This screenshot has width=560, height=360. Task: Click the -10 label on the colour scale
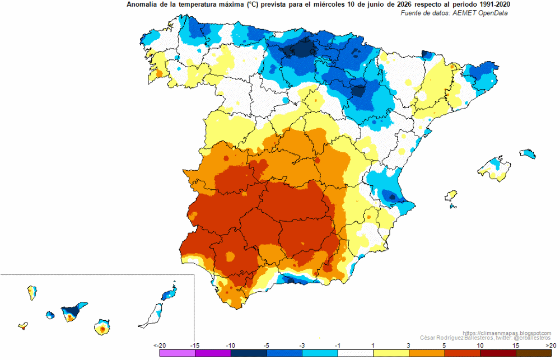tap(230, 345)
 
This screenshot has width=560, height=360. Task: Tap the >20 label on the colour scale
tap(551, 345)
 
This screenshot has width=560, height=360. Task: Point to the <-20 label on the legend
tap(160, 345)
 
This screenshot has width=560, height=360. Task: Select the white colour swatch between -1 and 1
tap(356, 353)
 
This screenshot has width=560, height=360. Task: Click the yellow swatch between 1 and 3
tap(391, 353)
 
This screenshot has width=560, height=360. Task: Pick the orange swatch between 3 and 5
tap(427, 353)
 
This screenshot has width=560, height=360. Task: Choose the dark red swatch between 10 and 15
tap(498, 353)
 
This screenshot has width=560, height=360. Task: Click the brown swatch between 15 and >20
tap(534, 353)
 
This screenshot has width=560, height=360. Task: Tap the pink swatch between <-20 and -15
tap(178, 353)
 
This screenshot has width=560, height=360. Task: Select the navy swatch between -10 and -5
tap(249, 353)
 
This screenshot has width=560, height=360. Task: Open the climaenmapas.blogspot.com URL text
tap(507, 333)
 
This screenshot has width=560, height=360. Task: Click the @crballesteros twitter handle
tap(532, 338)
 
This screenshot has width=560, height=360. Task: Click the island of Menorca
tap(528, 153)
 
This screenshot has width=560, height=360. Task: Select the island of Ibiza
tap(451, 196)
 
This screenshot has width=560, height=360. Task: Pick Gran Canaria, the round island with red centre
tap(102, 327)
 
